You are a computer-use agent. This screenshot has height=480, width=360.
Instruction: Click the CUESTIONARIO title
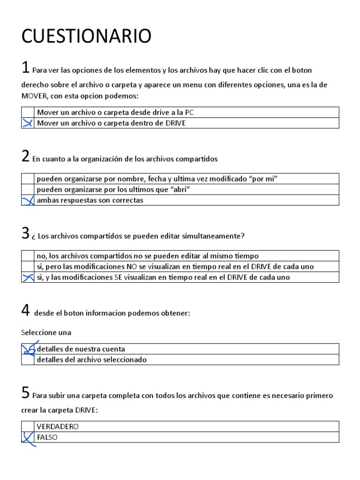pyautogui.click(x=86, y=36)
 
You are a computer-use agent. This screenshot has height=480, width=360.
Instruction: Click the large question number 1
pyautogui.click(x=26, y=67)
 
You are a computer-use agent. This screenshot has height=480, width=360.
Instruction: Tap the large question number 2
pyautogui.click(x=26, y=157)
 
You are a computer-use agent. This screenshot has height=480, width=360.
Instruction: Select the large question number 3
pyautogui.click(x=26, y=233)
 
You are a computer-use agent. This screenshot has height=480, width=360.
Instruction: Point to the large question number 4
pyautogui.click(x=26, y=310)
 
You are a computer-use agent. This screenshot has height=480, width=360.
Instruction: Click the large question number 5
pyautogui.click(x=26, y=393)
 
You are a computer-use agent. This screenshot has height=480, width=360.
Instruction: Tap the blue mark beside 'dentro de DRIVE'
pyautogui.click(x=28, y=123)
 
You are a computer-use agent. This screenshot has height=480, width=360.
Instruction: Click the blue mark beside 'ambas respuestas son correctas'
pyautogui.click(x=28, y=201)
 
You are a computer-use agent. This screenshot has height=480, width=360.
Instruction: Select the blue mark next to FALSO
pyautogui.click(x=28, y=438)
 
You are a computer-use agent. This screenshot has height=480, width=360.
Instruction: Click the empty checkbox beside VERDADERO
pyautogui.click(x=28, y=427)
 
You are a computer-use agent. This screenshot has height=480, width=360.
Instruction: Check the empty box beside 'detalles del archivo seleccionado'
pyautogui.click(x=28, y=360)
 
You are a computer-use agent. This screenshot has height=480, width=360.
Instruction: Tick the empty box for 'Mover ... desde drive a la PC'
pyautogui.click(x=28, y=112)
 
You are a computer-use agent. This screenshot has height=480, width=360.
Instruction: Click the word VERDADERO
pyautogui.click(x=58, y=427)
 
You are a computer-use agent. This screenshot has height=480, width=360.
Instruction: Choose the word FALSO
pyautogui.click(x=47, y=437)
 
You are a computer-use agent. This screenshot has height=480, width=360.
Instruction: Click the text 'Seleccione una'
pyautogui.click(x=46, y=332)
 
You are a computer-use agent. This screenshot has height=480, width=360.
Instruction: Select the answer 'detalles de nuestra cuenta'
pyautogui.click(x=81, y=349)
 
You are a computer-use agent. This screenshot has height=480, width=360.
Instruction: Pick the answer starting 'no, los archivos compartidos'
pyautogui.click(x=148, y=255)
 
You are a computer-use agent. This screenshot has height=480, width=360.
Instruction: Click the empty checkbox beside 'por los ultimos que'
pyautogui.click(x=28, y=189)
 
